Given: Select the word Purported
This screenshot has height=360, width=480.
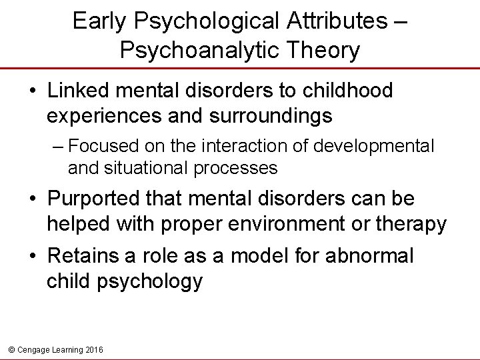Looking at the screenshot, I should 96,199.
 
